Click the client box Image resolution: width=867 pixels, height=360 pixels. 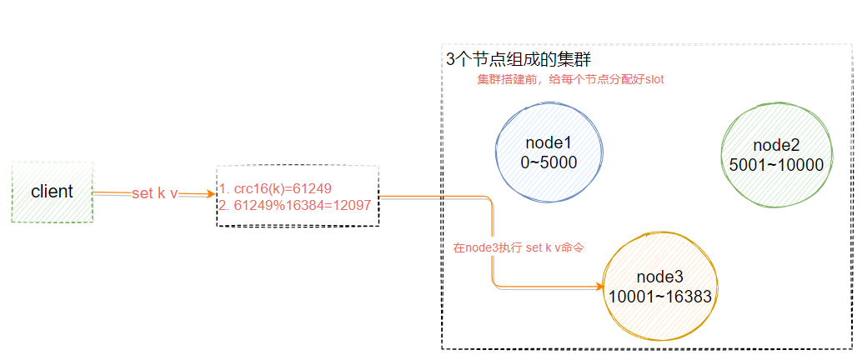click(x=53, y=192)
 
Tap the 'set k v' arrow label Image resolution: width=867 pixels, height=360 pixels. click(x=154, y=193)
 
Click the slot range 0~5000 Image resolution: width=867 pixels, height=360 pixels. click(x=549, y=162)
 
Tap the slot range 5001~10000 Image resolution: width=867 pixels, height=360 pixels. click(x=776, y=165)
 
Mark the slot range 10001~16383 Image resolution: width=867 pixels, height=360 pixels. click(x=659, y=296)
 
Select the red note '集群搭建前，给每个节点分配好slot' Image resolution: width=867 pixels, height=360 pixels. click(x=570, y=79)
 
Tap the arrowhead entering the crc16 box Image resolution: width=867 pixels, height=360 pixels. click(x=210, y=194)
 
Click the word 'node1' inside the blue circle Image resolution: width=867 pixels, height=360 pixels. click(x=549, y=144)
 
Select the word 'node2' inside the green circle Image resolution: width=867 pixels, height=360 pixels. click(x=776, y=147)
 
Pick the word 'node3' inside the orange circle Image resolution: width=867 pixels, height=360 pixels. click(x=659, y=277)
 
